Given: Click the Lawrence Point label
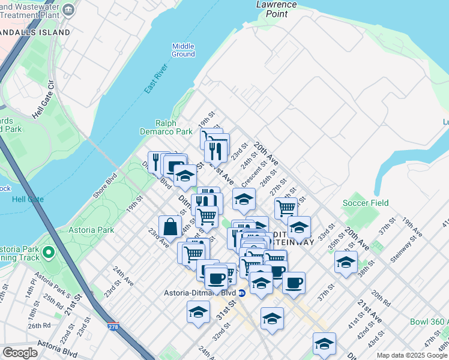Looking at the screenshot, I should point(276,8).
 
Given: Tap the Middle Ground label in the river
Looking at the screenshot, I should point(183,50).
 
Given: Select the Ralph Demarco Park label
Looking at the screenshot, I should point(174,127).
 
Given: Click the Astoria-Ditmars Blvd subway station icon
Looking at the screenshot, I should point(241,293).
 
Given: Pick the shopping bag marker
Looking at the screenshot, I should point(170,227).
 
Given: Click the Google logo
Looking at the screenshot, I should point(20,353).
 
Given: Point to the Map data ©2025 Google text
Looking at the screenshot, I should point(412,355).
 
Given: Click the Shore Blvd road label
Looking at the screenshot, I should point(104,186).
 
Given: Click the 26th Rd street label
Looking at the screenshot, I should point(38,326).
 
